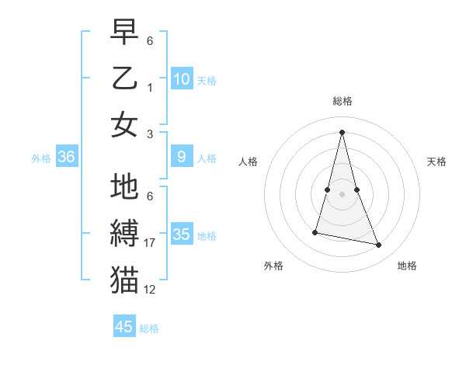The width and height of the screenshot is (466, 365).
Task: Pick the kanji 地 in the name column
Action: pos(124,187)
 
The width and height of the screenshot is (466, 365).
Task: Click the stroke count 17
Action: pos(151,243)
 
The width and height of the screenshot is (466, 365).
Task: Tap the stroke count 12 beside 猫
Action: pos(150,290)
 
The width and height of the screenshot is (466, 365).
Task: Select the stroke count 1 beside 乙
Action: pos(150,87)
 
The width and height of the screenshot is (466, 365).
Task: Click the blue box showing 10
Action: pos(182,78)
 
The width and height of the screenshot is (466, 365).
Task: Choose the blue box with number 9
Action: pos(182,157)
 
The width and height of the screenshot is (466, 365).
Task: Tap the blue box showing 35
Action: pos(182,235)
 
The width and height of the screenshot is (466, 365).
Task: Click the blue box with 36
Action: pos(67,157)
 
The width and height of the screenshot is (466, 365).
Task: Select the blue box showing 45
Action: pos(124,327)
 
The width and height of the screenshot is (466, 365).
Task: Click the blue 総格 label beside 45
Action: pos(149,328)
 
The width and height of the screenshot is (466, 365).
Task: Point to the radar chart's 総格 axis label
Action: pos(342,101)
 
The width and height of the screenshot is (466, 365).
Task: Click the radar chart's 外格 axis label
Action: pos(273,266)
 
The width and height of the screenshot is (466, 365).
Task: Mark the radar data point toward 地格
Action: pos(379,245)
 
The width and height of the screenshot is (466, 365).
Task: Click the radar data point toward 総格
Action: pos(342,131)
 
